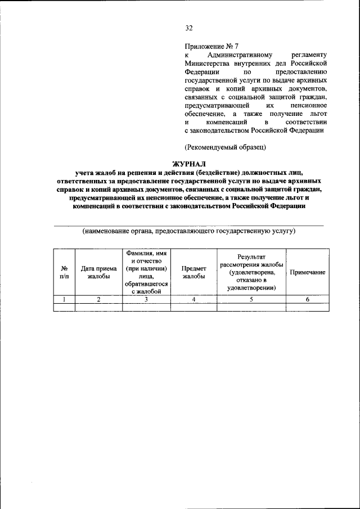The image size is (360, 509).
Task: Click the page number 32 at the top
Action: click(189, 29)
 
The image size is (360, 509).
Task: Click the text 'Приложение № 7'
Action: click(211, 46)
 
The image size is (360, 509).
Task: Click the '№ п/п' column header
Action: click(64, 272)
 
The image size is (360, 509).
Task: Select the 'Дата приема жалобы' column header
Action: click(98, 272)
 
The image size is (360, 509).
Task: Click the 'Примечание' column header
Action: click(307, 272)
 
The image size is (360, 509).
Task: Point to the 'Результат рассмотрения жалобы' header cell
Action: click(251, 272)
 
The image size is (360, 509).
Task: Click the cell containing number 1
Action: click(64, 299)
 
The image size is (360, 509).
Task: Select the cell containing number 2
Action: click(98, 299)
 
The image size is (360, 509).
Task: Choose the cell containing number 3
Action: click(146, 299)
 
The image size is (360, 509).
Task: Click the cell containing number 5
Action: click(251, 299)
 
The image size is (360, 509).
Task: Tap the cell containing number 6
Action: click(307, 299)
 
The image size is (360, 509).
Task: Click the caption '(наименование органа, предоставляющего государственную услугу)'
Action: click(189, 231)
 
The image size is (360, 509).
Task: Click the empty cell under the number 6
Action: click(307, 307)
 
